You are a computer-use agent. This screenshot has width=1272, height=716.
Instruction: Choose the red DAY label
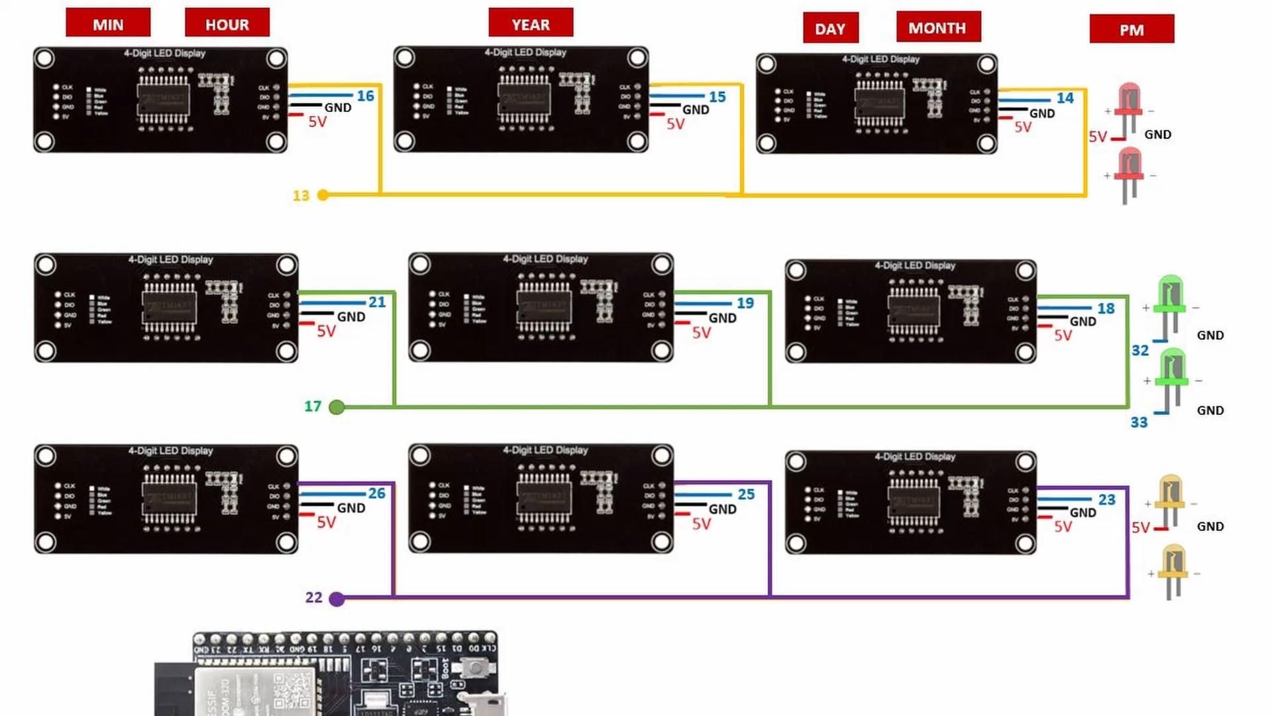[x=830, y=28]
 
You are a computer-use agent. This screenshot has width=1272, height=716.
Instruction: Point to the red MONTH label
[x=937, y=27]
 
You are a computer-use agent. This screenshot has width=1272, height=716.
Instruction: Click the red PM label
[x=1132, y=29]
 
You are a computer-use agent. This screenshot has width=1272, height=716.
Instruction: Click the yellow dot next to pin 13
[x=323, y=195]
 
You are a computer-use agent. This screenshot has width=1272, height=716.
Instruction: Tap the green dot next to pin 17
[x=337, y=407]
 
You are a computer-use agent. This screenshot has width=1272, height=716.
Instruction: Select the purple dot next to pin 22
[x=337, y=599]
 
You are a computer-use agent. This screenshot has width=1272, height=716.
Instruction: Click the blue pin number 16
[x=366, y=96]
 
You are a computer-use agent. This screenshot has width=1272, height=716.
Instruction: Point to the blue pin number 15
[x=717, y=97]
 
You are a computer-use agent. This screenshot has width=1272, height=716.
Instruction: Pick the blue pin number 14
[x=1065, y=98]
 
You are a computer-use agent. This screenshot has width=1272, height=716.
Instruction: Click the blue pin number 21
[x=377, y=302]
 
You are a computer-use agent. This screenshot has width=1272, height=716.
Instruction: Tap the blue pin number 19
[x=745, y=303]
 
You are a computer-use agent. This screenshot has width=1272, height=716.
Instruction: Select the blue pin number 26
[x=377, y=493]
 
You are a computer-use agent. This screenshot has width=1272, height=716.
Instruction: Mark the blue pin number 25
[x=746, y=495]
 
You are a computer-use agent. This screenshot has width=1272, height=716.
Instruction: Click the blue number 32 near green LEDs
[x=1140, y=351]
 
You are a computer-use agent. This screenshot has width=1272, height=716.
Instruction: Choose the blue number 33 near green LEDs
[x=1139, y=422]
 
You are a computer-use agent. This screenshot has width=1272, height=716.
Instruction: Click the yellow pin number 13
[x=301, y=196]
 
